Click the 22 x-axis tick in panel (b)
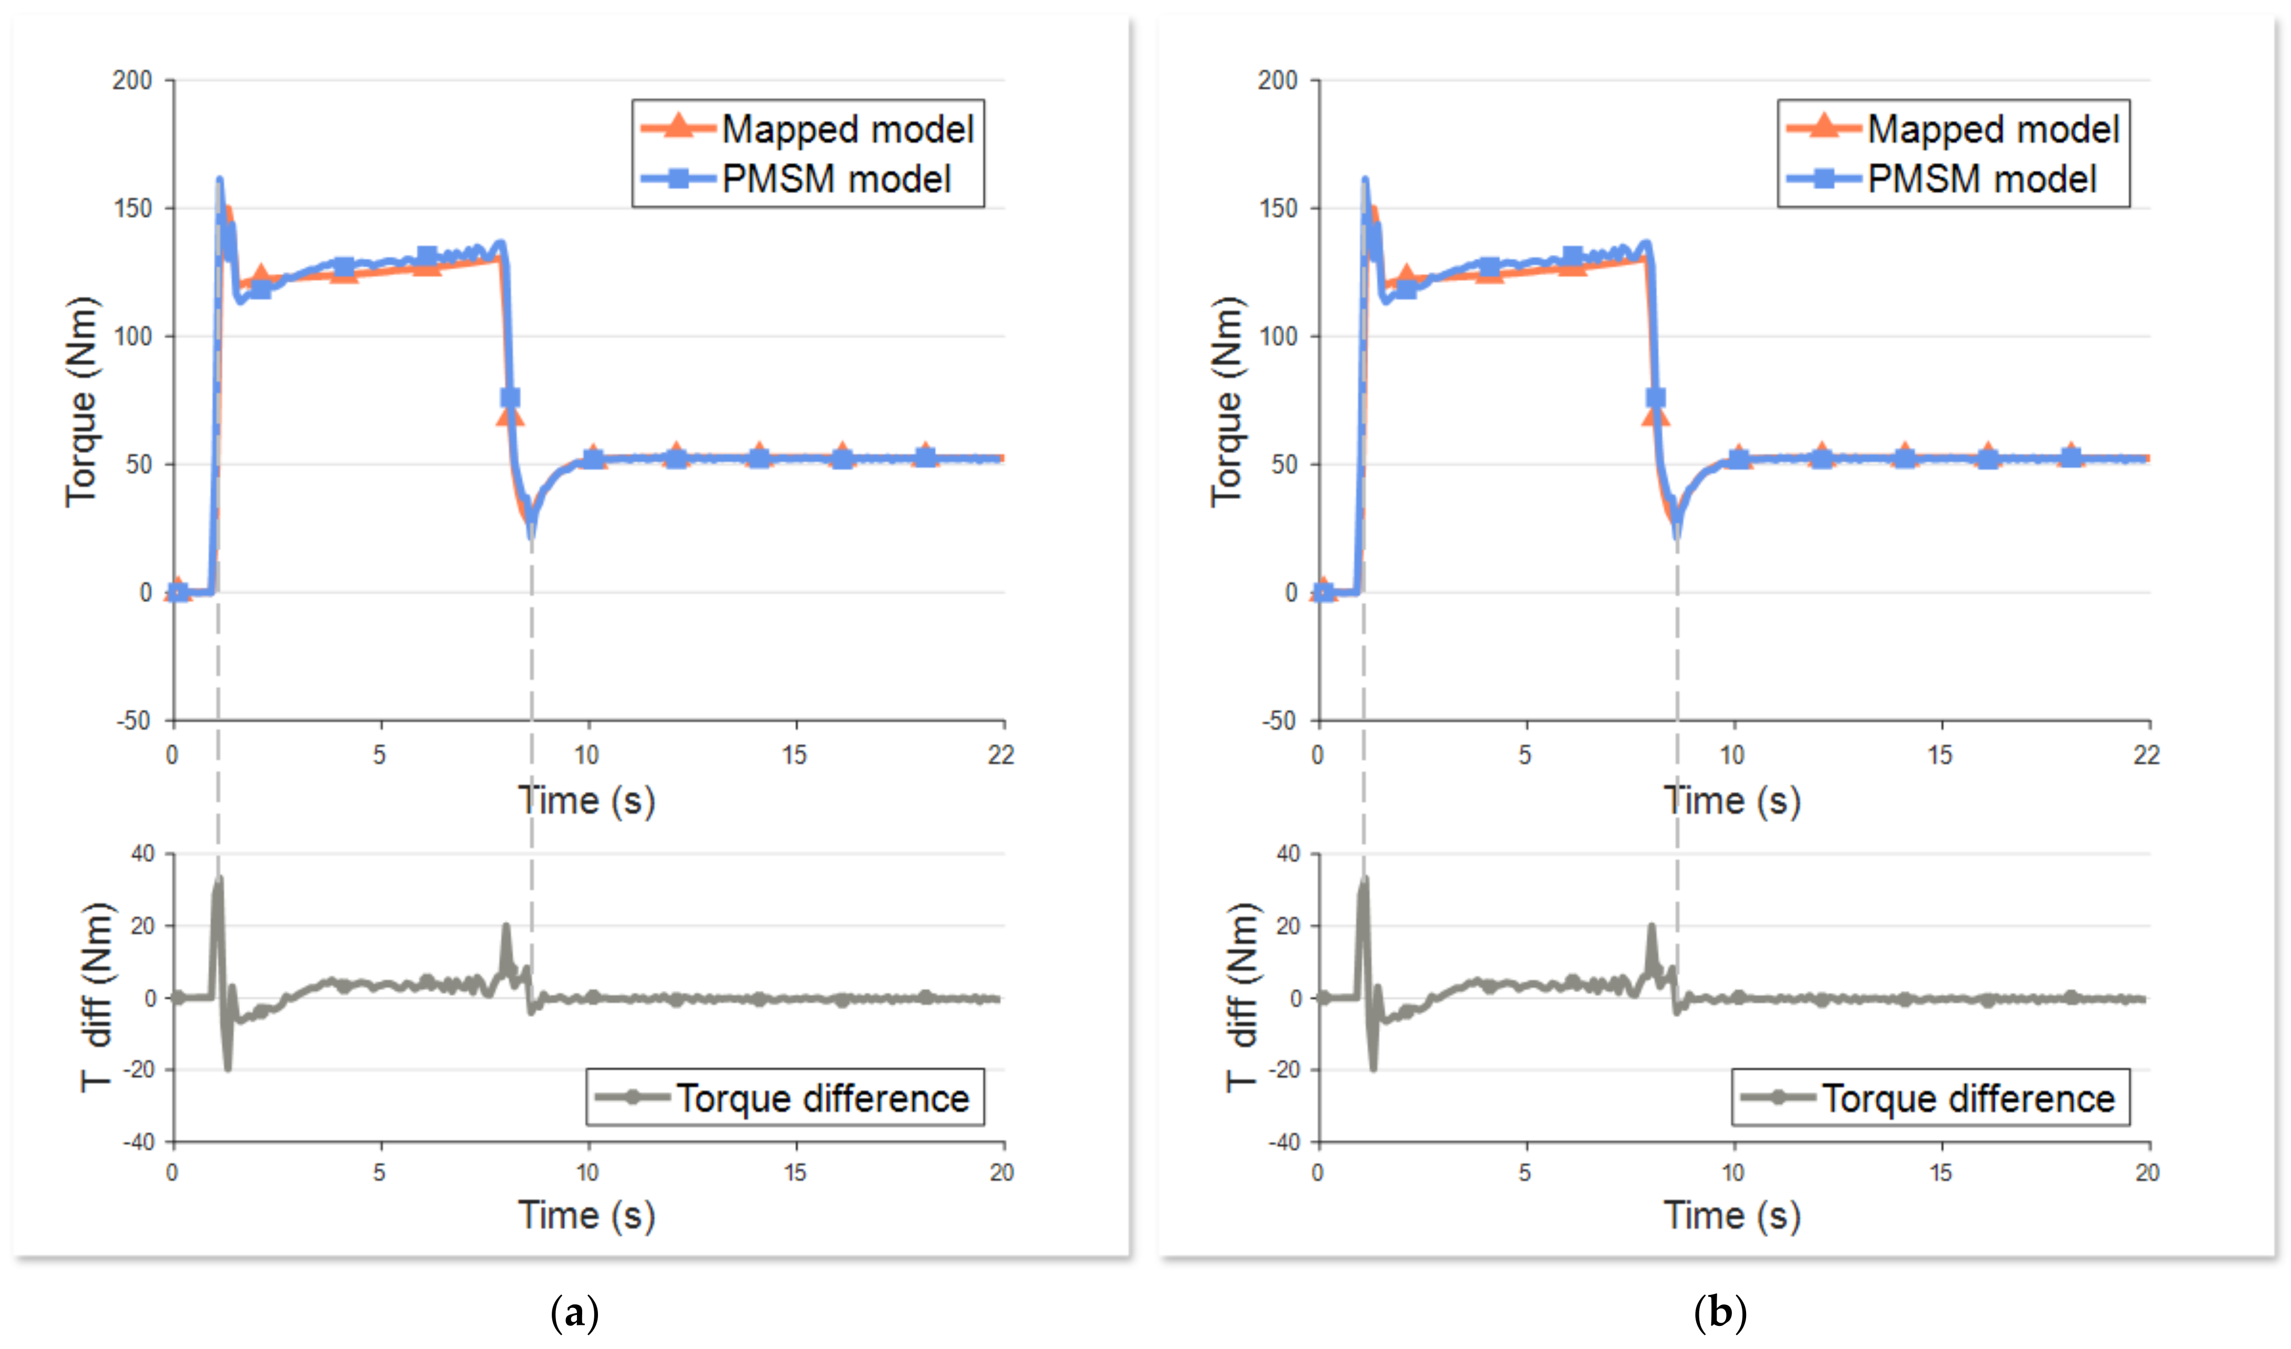pos(2146,754)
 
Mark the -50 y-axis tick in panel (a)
pos(133,721)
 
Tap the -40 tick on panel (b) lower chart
pos(1285,1142)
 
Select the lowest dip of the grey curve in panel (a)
pos(228,1067)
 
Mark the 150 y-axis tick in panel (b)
pos(1278,208)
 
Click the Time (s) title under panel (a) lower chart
pos(586,1216)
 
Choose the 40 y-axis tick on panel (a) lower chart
pos(143,854)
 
